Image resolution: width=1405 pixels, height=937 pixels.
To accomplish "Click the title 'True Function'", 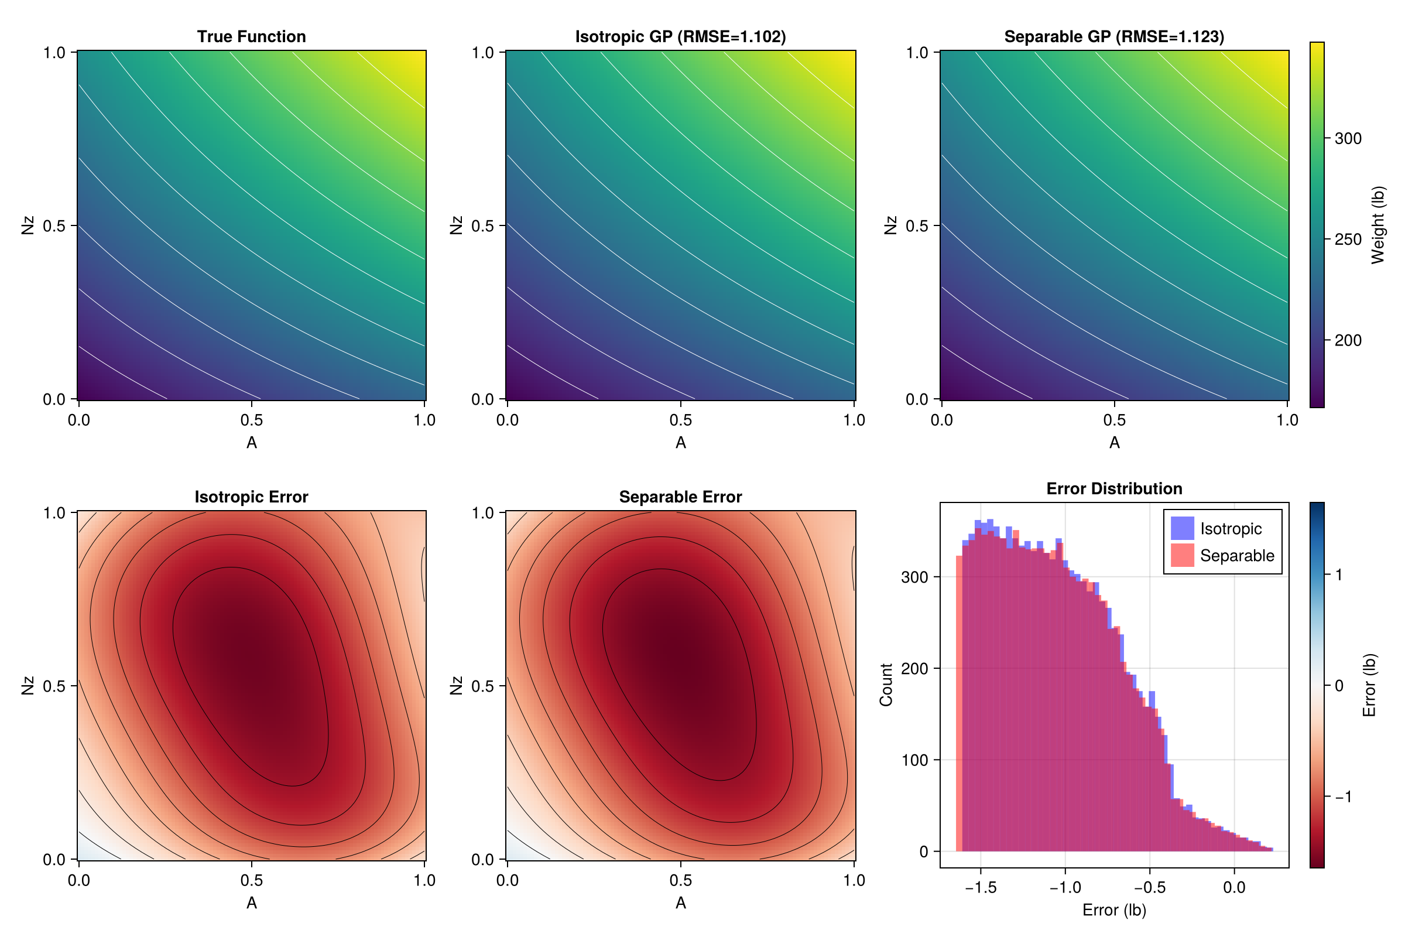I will [252, 37].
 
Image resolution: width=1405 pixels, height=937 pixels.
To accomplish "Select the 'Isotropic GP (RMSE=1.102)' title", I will [680, 37].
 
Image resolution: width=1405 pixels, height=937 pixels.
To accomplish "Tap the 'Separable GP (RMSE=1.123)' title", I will [1114, 37].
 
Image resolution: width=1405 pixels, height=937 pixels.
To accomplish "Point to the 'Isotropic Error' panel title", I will [252, 497].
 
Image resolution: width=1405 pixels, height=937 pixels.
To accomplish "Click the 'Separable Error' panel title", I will [680, 497].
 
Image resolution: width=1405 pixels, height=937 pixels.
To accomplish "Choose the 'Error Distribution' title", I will [1114, 489].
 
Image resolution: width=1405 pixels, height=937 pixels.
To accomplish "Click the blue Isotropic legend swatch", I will [1182, 528].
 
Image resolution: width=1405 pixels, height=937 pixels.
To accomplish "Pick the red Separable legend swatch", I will [1182, 555].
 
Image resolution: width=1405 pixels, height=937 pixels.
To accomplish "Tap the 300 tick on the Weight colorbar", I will [1348, 139].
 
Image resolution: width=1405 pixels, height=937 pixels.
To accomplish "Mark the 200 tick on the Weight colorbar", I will [1348, 341].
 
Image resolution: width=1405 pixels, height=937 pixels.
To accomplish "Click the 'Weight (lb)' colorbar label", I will [1377, 225].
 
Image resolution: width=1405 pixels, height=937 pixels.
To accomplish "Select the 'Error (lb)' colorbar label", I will [1369, 685].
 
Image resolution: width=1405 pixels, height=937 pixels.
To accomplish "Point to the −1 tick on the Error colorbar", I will [1343, 796].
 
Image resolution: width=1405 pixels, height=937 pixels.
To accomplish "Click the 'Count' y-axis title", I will [886, 685].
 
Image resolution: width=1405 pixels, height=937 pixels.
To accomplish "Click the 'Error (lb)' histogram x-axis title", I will [1114, 910].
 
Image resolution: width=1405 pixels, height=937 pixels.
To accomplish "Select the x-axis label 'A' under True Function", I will [252, 443].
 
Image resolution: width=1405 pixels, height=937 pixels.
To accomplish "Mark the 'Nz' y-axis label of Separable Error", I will [456, 685].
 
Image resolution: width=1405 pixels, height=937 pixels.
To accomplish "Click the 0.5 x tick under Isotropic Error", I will [252, 880].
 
